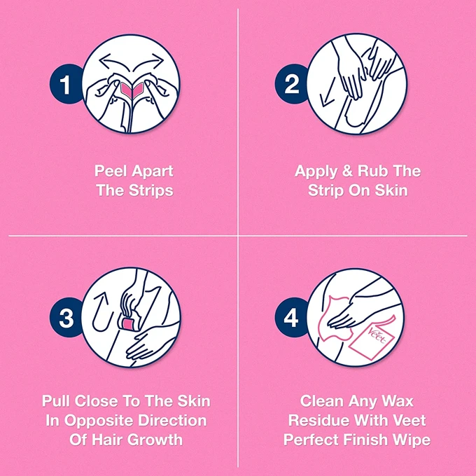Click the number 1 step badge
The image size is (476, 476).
pyautogui.click(x=65, y=84)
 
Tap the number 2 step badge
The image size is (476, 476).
pyautogui.click(x=290, y=84)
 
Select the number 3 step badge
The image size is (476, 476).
pyautogui.click(x=66, y=318)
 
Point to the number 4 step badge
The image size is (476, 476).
pyautogui.click(x=290, y=318)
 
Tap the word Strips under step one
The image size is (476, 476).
pyautogui.click(x=151, y=190)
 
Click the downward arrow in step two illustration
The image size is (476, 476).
pyautogui.click(x=328, y=92)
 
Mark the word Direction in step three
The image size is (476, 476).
pyautogui.click(x=172, y=421)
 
